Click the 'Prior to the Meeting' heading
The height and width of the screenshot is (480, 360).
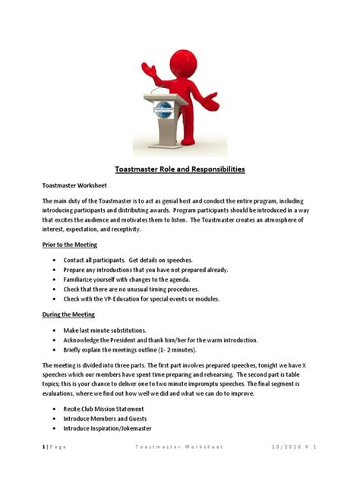coord(69,245)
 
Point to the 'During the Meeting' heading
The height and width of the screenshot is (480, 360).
coord(69,314)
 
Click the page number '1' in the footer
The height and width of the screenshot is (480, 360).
coord(43,447)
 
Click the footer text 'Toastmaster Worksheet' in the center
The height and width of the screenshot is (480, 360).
coord(178,447)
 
